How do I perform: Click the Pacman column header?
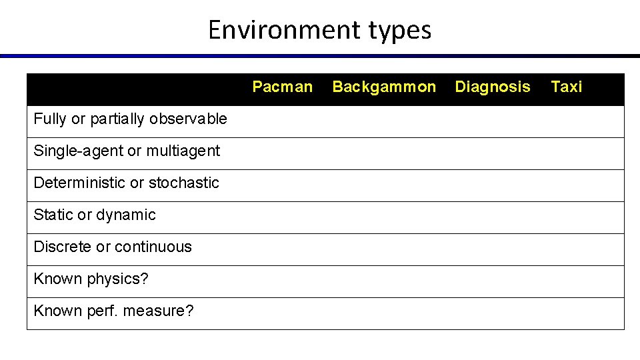[x=282, y=87]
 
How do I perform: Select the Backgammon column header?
[x=384, y=87]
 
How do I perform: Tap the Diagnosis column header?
[x=493, y=87]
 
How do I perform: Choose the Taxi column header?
[x=567, y=87]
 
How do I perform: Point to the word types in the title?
[x=398, y=30]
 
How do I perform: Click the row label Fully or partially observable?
[x=130, y=119]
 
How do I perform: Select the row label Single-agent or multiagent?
[x=127, y=151]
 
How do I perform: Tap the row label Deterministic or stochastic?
[x=126, y=183]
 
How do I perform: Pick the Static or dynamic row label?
[x=94, y=215]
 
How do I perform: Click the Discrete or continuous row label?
[x=112, y=247]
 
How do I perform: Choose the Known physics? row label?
[x=91, y=279]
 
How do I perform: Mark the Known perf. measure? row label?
[x=113, y=311]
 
